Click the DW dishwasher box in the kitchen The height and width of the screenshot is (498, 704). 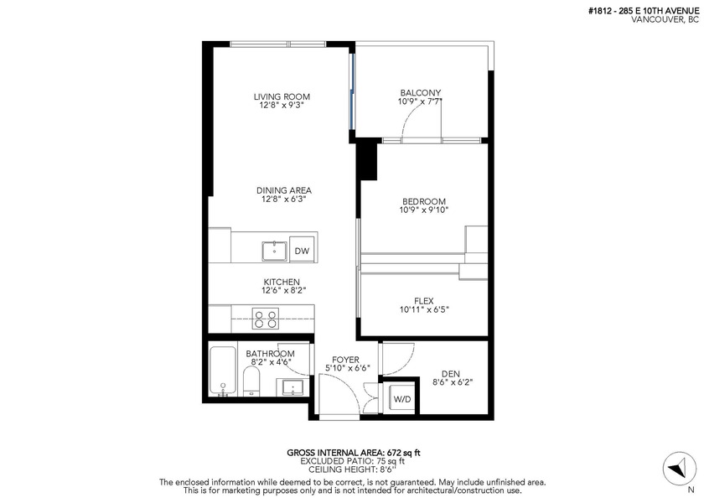pos(302,250)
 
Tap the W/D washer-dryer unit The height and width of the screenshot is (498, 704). pos(401,399)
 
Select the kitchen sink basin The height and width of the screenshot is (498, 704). pos(275,251)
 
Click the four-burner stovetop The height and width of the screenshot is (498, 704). pos(266,319)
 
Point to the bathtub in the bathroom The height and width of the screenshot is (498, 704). pos(223,371)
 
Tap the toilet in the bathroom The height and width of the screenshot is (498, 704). pos(251,381)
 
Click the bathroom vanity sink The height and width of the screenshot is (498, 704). pos(292,387)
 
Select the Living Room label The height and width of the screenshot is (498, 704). pos(282,96)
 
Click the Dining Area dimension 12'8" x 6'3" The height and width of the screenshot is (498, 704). pos(284,199)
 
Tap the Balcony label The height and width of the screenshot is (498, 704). pos(421,93)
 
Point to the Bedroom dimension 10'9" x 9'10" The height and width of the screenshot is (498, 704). pos(424,210)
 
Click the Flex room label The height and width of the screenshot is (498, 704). pos(424,301)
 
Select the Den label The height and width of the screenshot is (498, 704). pos(451,374)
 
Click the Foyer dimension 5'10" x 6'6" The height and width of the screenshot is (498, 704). pos(348,368)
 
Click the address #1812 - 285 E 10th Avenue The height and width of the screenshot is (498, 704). pos(644,12)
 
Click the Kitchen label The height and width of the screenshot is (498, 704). pos(282,282)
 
